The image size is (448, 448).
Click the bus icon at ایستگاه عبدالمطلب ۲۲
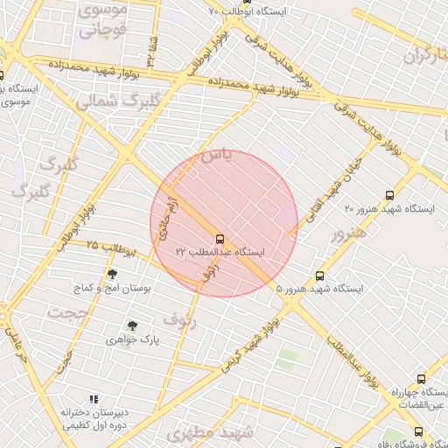click(219, 238)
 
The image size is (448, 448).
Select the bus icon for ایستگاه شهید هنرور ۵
click(320, 275)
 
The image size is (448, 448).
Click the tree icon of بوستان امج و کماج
click(112, 275)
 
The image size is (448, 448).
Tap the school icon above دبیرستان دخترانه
click(94, 399)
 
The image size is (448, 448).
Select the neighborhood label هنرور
click(345, 234)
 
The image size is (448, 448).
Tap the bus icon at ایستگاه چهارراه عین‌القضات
click(422, 380)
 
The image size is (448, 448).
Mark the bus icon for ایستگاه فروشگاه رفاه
click(418, 431)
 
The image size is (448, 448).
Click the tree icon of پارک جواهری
click(132, 325)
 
